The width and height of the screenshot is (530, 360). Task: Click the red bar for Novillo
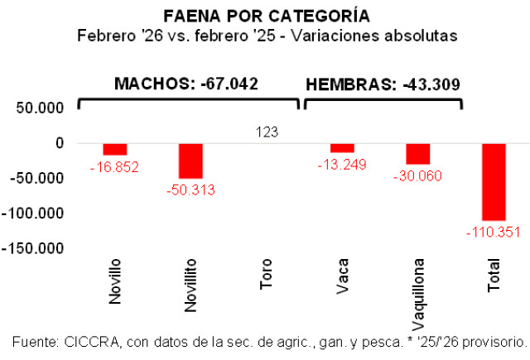114,149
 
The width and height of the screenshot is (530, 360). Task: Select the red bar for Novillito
190,161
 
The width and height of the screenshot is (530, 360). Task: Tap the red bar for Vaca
342,147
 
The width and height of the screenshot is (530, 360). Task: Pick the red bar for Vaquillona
417,153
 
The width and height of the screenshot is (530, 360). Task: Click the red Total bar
494,181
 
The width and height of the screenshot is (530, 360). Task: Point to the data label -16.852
114,167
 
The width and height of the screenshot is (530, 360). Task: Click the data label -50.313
190,190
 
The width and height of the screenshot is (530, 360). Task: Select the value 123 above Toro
266,132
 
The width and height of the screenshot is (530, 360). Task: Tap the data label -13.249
342,165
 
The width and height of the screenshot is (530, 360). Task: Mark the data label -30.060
417,175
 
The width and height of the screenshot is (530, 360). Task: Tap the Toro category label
266,275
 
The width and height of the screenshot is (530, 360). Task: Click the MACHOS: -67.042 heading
186,84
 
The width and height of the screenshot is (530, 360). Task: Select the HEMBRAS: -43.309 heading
383,84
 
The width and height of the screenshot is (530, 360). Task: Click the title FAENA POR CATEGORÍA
266,17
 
